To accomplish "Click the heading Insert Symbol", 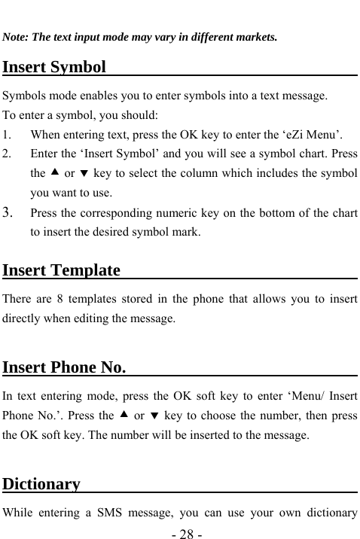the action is [54, 67].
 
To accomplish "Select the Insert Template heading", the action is [62, 269].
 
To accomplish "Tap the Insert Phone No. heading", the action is [64, 367].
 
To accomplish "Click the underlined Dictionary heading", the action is [41, 483].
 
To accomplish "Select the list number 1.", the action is [7, 136].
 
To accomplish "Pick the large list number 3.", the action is [8, 213].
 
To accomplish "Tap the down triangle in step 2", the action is [84, 173].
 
